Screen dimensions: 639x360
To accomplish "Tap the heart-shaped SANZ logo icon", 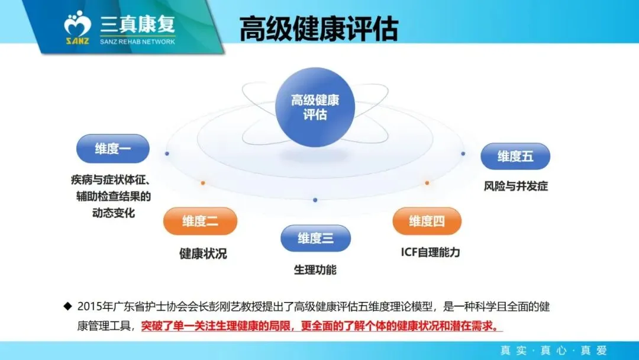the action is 78,25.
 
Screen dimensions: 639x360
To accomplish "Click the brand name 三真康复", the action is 138,24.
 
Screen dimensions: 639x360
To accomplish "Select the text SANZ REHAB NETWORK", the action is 137,41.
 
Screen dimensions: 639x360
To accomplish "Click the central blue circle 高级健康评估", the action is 315,107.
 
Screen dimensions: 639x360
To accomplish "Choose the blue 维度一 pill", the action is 112,149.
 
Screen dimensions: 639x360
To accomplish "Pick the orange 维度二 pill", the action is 200,221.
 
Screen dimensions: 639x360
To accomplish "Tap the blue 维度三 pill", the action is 315,239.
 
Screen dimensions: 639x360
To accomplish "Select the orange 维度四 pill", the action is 427,221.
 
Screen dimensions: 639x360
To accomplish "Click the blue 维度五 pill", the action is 515,157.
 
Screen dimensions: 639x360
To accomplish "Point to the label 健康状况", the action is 203,253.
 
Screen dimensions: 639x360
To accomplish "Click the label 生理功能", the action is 315,270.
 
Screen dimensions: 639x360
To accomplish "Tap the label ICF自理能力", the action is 430,252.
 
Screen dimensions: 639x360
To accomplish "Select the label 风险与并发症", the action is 515,186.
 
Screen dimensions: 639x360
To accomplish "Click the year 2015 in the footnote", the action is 89,307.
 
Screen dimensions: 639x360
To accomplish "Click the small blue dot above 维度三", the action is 315,200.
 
